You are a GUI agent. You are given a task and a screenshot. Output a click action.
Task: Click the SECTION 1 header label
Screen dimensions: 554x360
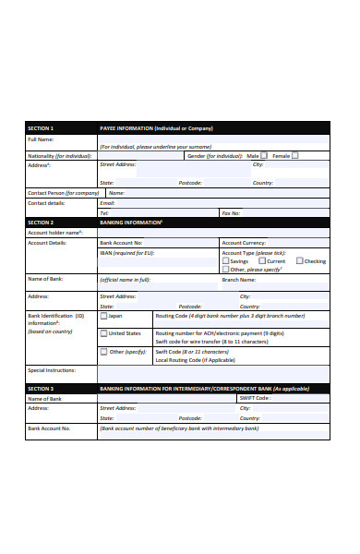[42, 128]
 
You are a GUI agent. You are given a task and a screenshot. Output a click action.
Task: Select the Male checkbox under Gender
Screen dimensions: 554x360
[264, 155]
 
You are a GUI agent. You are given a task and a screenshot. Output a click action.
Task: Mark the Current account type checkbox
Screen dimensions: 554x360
[260, 261]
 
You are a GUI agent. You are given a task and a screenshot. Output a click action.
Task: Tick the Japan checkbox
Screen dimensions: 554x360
[103, 315]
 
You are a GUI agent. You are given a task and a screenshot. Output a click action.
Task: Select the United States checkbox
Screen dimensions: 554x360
[103, 333]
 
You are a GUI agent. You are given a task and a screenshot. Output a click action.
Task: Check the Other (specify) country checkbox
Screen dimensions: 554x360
[103, 352]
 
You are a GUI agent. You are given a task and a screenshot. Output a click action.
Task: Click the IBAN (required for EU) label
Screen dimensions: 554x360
[126, 252]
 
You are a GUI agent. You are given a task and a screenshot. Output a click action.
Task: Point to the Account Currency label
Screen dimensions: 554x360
[245, 242]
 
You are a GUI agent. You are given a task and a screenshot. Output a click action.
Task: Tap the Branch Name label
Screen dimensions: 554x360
[238, 279]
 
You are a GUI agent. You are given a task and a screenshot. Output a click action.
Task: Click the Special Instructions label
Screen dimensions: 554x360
[51, 370]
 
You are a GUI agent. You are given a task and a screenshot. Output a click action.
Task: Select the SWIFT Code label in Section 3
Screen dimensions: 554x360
[255, 398]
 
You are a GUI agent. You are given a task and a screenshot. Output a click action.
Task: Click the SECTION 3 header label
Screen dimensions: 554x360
[42, 389]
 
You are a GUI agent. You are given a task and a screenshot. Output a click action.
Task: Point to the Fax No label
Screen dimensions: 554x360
[232, 212]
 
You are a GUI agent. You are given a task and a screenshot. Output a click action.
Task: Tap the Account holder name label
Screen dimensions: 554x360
[55, 233]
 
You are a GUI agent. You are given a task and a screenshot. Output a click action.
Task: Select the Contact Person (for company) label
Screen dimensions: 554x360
[63, 193]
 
